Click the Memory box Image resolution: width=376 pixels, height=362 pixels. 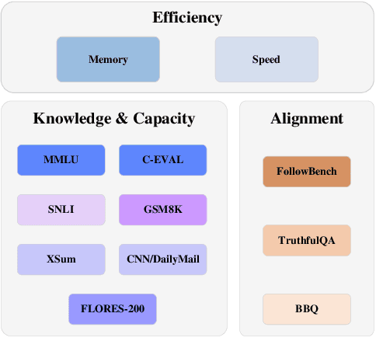pos(108,59)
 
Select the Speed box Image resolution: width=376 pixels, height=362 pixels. pos(266,59)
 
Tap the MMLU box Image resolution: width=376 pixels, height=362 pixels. pos(61,160)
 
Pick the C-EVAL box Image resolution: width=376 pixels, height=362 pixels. pos(162,160)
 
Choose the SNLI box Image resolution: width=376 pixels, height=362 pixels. pos(61,210)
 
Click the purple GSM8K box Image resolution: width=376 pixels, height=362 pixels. pos(162,210)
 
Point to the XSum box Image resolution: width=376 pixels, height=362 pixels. pos(61,259)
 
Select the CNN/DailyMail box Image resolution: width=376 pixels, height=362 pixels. pos(162,259)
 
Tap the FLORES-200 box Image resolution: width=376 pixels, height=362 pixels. pos(113,309)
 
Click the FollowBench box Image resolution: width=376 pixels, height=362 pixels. pos(307,172)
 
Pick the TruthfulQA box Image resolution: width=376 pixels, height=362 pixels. pos(307,240)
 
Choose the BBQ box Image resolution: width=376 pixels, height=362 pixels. pos(307,309)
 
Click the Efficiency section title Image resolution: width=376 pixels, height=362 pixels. pos(187,18)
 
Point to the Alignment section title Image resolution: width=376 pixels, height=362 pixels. pos(307,119)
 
